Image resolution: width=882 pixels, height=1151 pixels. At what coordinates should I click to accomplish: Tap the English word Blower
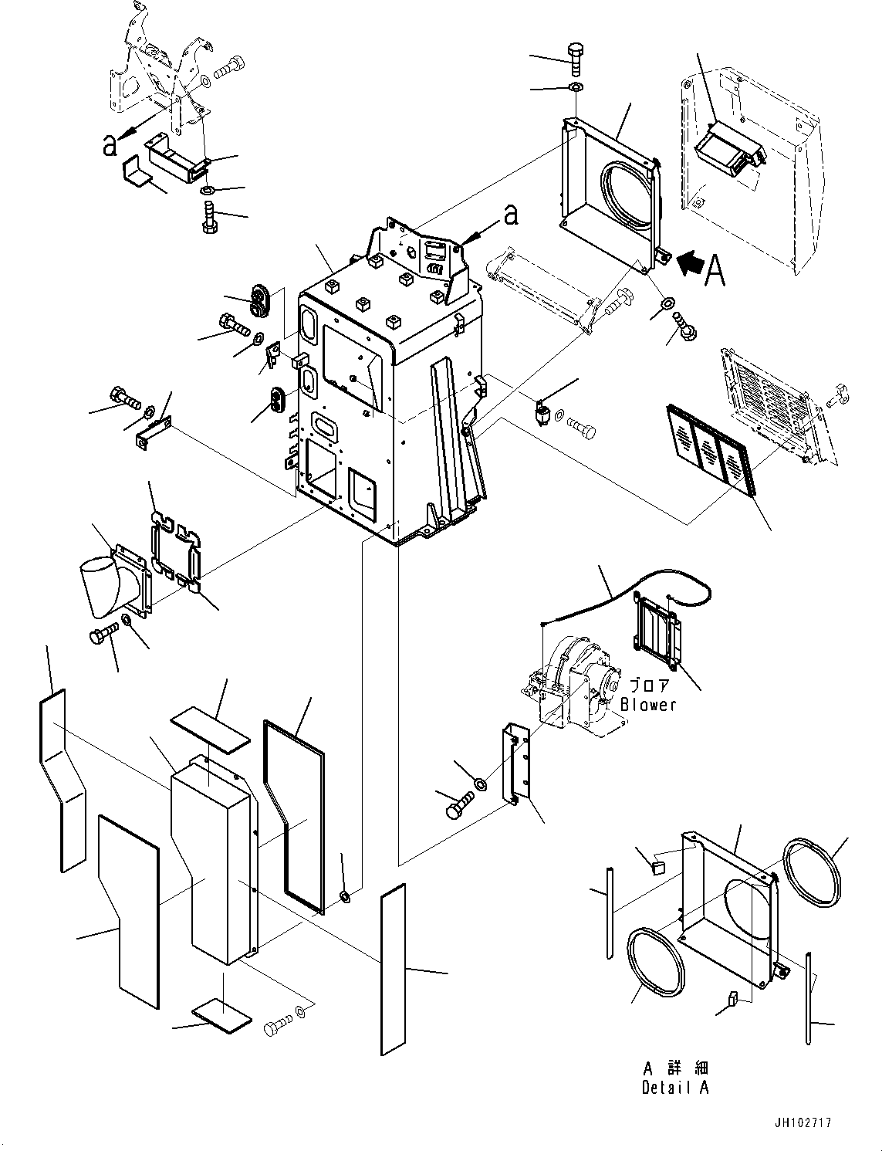point(648,705)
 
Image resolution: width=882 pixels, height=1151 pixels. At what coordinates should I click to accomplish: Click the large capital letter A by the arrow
point(715,270)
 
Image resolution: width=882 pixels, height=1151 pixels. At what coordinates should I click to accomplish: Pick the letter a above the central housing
point(510,215)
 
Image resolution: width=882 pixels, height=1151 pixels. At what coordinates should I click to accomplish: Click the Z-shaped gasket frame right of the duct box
point(294,816)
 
